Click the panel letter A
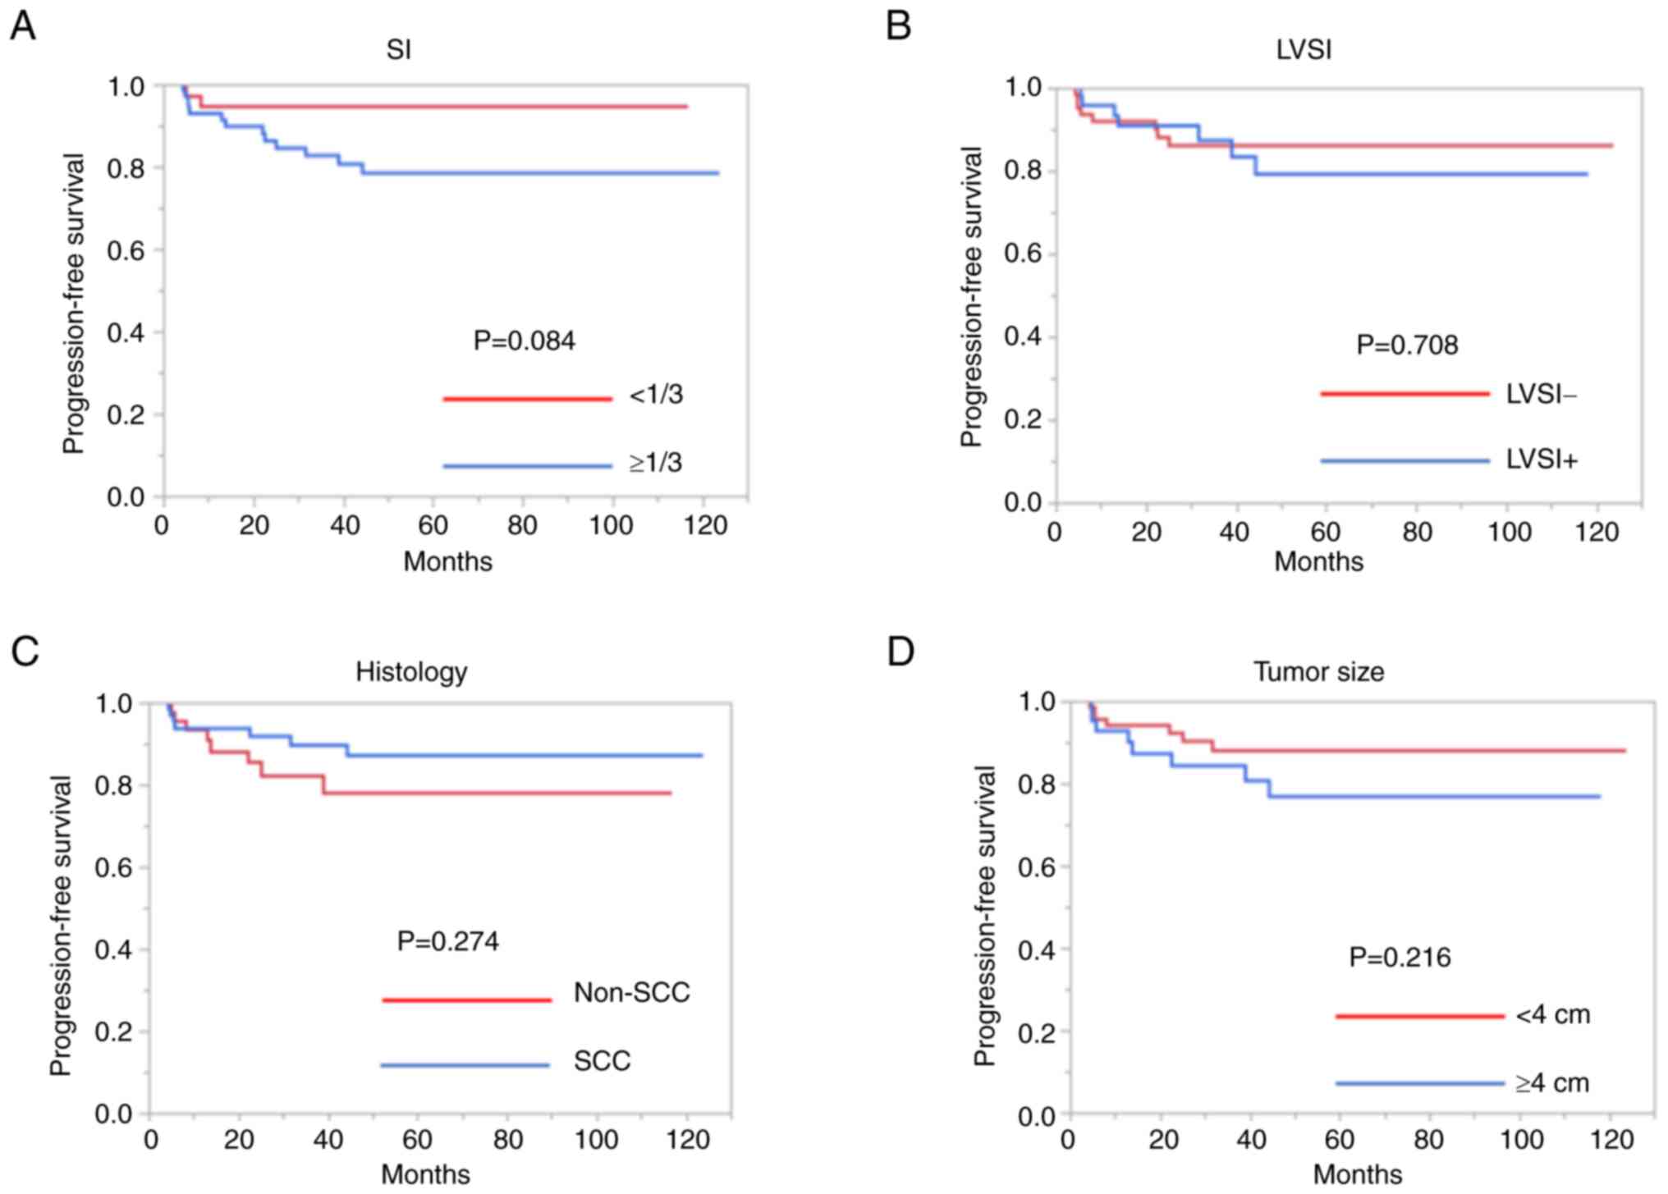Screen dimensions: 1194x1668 tap(23, 27)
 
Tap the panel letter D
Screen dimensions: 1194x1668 tap(900, 652)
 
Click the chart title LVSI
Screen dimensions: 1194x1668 tap(1304, 50)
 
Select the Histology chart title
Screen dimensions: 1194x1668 tap(411, 672)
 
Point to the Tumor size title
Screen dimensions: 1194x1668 tap(1318, 672)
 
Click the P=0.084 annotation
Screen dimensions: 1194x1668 tap(525, 341)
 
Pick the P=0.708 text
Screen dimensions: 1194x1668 tap(1407, 345)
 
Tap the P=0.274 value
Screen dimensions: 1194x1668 tap(448, 940)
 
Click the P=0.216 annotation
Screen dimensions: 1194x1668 tap(1400, 957)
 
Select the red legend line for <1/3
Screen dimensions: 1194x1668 tap(527, 399)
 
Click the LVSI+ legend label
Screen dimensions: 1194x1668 tap(1542, 460)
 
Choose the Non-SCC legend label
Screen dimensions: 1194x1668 tap(631, 993)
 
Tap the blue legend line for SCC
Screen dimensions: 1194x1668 tap(465, 1065)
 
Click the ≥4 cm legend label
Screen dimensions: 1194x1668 tap(1552, 1083)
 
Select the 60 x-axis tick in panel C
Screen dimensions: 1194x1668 tap(417, 1140)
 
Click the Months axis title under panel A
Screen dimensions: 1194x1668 tap(447, 561)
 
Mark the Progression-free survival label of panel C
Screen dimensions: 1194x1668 tap(61, 926)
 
